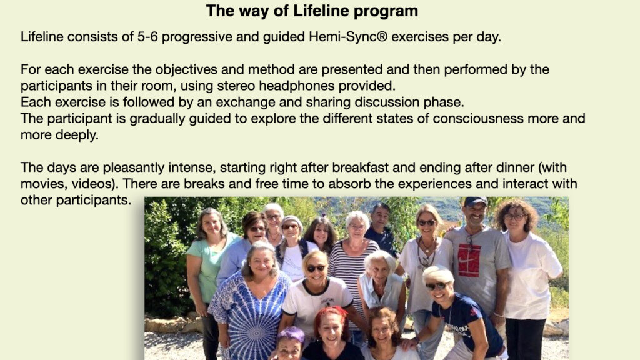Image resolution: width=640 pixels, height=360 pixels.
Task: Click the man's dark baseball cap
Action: pyautogui.click(x=476, y=202)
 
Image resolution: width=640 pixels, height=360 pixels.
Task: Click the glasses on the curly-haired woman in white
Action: pyautogui.click(x=516, y=217)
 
